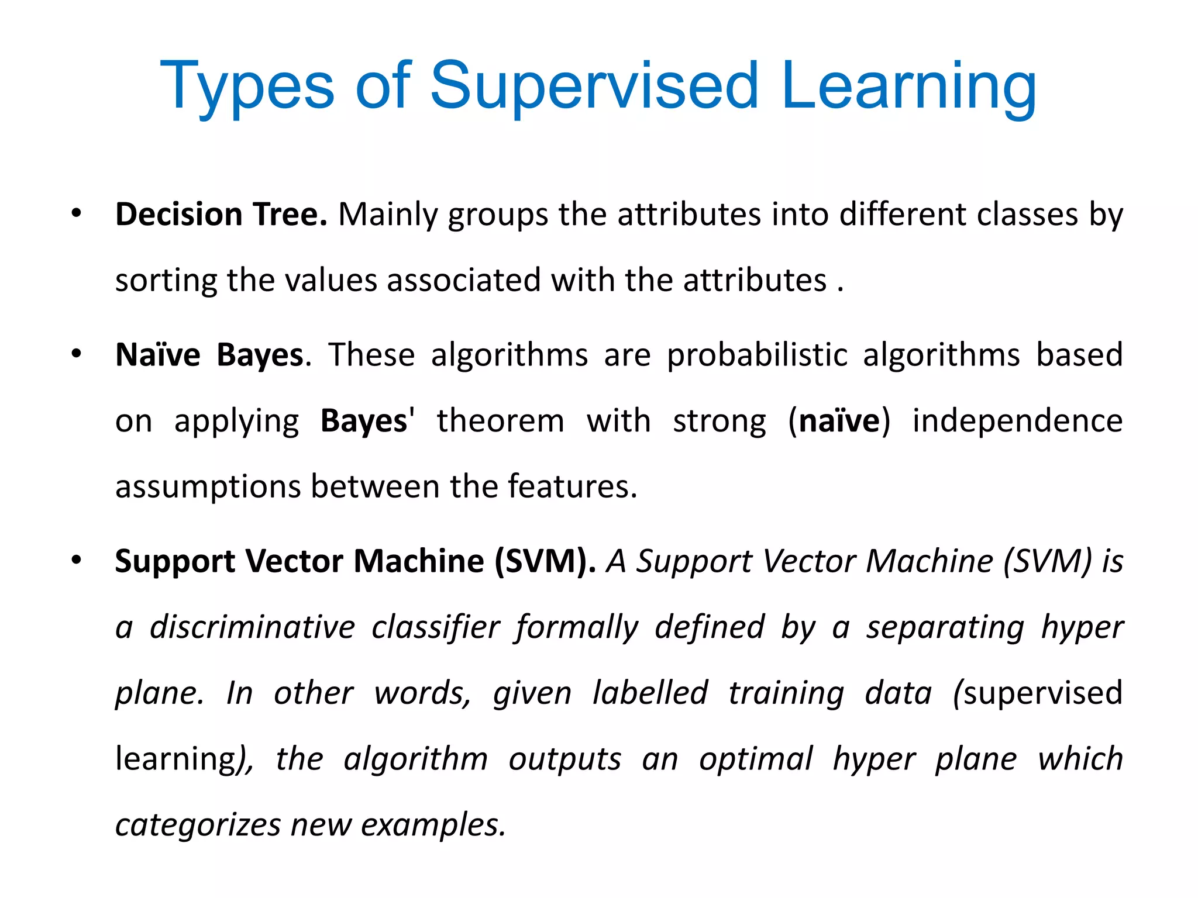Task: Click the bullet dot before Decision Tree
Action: click(77, 214)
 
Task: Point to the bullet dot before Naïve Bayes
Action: click(77, 354)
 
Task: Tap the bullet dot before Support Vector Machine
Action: click(77, 561)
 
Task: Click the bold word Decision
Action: click(178, 214)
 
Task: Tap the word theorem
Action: click(500, 421)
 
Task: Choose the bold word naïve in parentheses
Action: click(839, 421)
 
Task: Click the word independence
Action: click(1017, 421)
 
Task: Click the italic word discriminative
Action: click(252, 627)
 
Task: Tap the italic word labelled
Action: click(650, 693)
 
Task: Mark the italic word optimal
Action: click(756, 759)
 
